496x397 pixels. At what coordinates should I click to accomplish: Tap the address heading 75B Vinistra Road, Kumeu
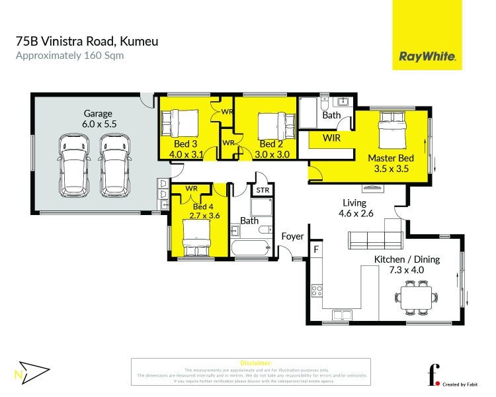(x=87, y=41)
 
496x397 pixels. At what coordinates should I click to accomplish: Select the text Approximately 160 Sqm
(x=69, y=56)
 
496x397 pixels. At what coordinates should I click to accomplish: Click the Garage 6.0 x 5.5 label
(x=97, y=118)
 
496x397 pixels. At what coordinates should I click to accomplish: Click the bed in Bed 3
(x=180, y=122)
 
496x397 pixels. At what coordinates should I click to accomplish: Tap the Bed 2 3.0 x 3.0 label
(x=271, y=149)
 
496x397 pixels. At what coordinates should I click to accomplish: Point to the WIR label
(x=332, y=138)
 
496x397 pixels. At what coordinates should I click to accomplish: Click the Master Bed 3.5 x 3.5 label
(x=391, y=163)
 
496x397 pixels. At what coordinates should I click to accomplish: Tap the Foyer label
(x=292, y=236)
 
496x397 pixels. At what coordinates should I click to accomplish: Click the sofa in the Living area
(x=376, y=240)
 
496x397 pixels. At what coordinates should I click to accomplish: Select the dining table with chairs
(x=417, y=296)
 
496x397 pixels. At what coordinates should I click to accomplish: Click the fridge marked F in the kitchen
(x=316, y=249)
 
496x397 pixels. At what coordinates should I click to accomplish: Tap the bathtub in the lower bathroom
(x=251, y=249)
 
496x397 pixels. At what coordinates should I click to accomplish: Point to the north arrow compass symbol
(x=32, y=372)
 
